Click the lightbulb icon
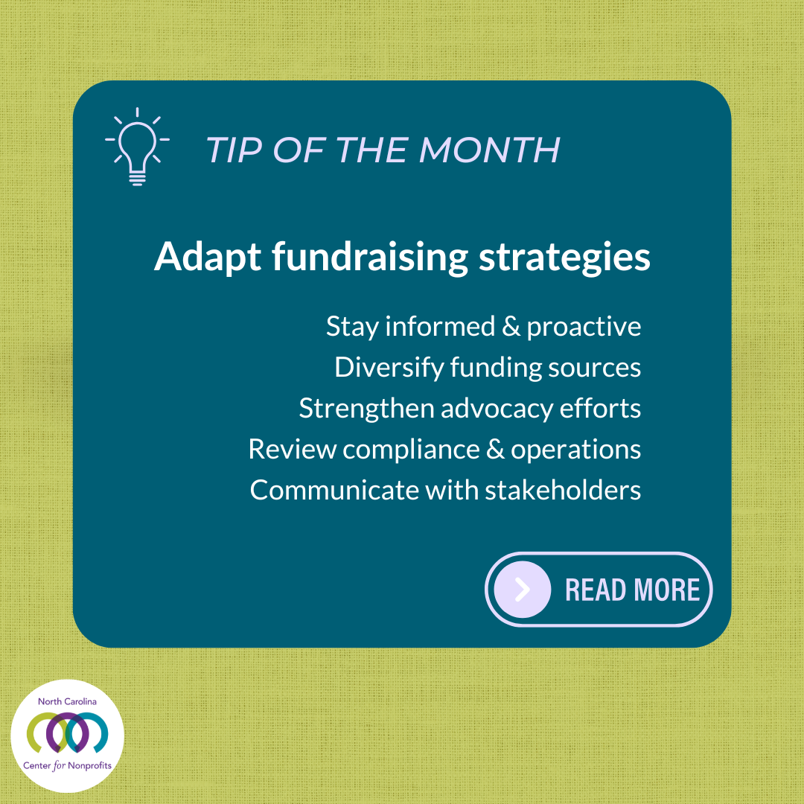click(x=137, y=147)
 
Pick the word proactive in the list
click(x=584, y=328)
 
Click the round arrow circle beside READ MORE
click(x=523, y=590)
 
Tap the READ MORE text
click(x=632, y=590)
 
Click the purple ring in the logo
click(x=67, y=733)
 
